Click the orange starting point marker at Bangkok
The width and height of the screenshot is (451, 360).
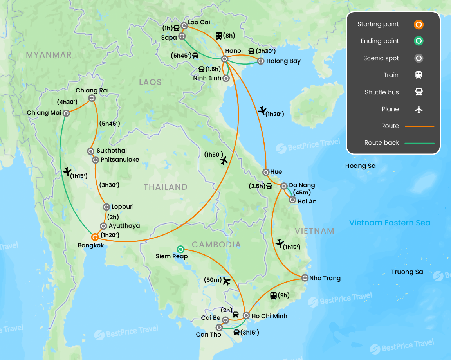94,237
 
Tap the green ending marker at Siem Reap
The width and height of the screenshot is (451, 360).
180,249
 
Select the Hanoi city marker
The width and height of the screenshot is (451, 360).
225,59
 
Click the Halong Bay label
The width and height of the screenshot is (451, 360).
283,61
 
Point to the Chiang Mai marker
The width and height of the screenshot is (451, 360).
66,113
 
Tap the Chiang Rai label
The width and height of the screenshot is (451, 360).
92,90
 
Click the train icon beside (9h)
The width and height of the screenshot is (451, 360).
274,295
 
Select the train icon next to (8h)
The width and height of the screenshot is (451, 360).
219,36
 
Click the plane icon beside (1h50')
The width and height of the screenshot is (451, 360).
224,160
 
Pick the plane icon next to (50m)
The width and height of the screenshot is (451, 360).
226,281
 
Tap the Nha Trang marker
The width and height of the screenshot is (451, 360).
305,278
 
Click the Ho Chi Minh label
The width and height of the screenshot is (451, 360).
269,316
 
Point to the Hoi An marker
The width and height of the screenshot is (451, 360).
292,200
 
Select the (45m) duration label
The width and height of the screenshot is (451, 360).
302,193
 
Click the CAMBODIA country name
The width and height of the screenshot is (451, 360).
216,245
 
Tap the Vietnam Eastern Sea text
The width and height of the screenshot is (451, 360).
390,223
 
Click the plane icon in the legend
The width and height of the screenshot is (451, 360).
419,109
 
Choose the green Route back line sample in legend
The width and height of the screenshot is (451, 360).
419,143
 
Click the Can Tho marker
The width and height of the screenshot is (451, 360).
219,327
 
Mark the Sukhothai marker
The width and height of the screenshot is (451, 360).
91,151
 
